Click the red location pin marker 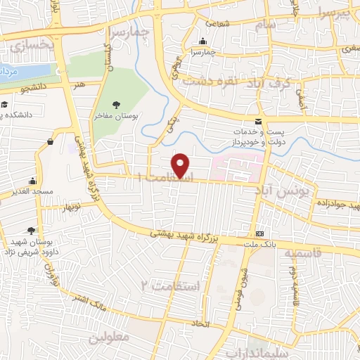coord(181,165)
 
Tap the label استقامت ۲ coord(171,285)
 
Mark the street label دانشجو coord(34,87)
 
